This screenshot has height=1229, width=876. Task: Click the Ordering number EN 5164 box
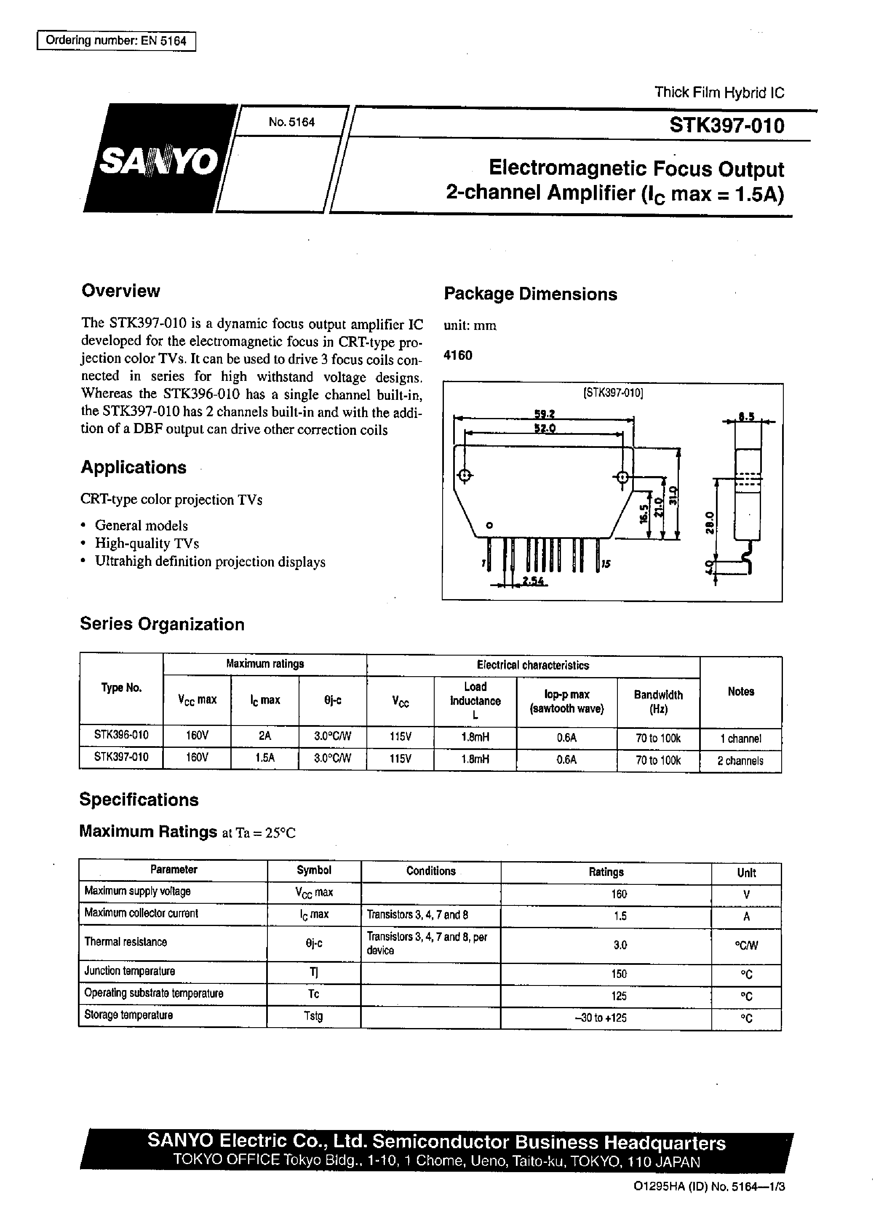(116, 41)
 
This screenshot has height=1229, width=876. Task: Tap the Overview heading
(121, 291)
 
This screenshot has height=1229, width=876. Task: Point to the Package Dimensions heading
(530, 294)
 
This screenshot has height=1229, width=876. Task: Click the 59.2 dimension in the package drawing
(544, 414)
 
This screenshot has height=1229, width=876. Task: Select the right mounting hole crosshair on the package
(622, 477)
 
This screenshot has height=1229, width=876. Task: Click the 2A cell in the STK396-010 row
(265, 737)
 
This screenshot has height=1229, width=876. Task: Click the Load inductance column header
(475, 700)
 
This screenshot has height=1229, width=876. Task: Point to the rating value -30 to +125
(606, 1018)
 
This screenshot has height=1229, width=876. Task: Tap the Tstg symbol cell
(313, 1016)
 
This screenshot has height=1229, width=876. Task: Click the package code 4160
(457, 355)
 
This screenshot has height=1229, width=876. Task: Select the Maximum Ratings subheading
(148, 831)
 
